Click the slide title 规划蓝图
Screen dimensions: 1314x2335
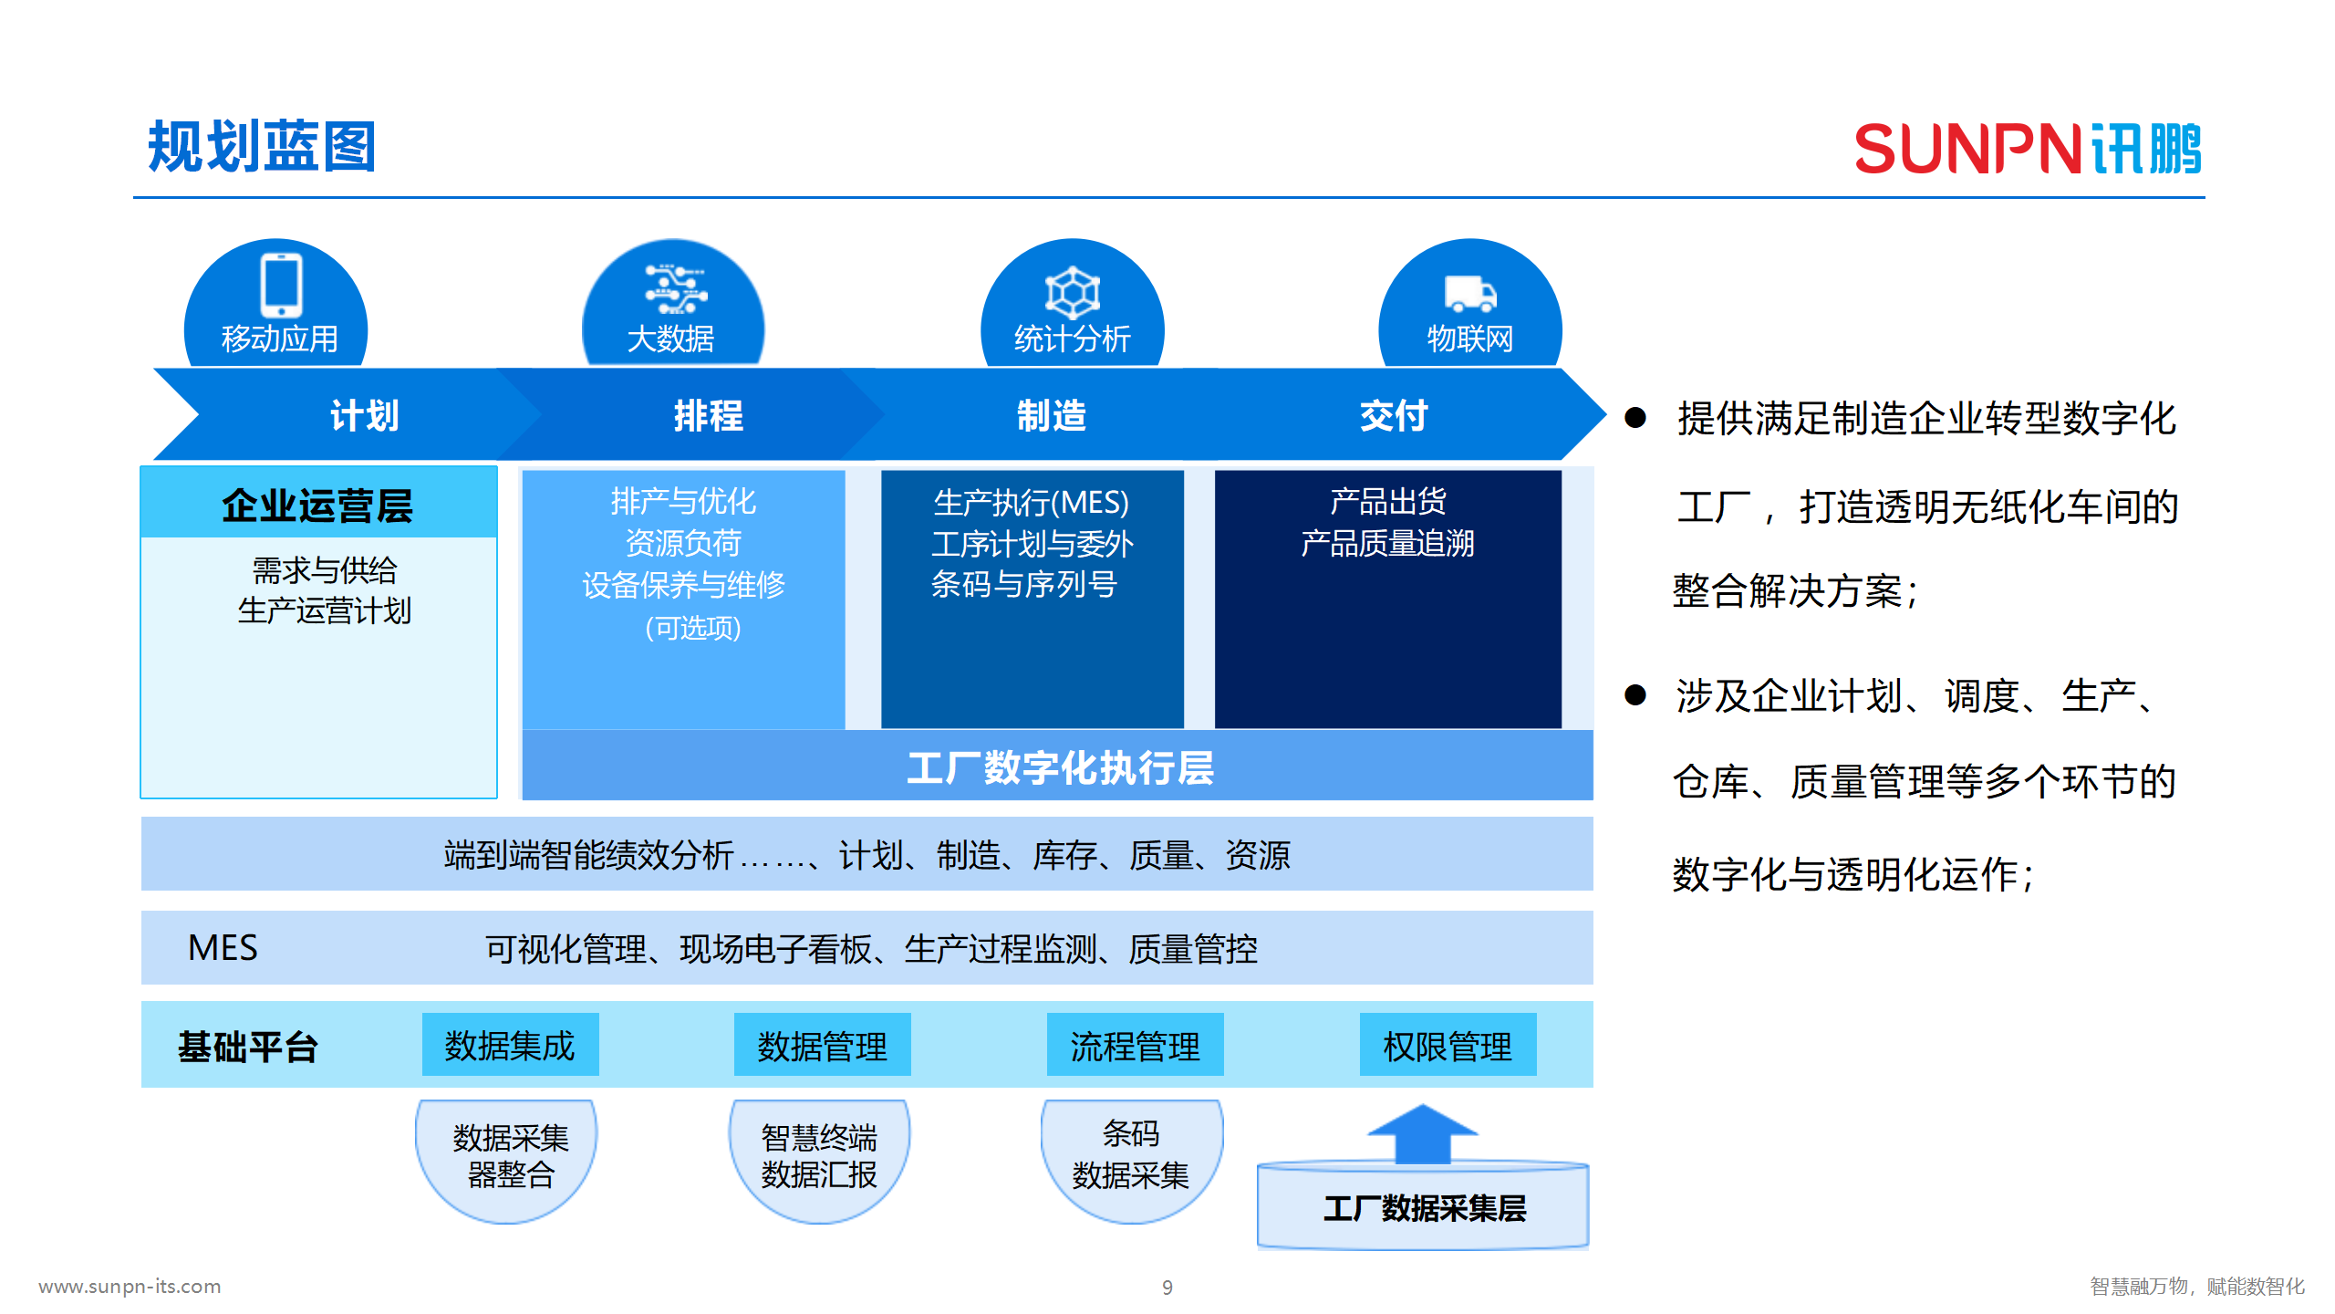(x=262, y=147)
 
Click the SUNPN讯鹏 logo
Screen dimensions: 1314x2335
(x=2027, y=149)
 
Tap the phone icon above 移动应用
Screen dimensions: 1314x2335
(x=281, y=285)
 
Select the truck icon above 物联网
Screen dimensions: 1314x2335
(x=1469, y=294)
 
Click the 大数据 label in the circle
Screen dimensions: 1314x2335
(x=670, y=339)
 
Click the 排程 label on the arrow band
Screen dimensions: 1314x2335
(x=708, y=416)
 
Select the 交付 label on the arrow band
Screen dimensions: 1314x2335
(x=1393, y=416)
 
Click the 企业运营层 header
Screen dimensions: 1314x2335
(x=317, y=505)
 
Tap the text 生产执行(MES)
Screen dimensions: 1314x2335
(x=1031, y=503)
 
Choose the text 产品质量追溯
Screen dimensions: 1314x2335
(x=1386, y=544)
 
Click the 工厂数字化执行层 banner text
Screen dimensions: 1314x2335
(x=1059, y=767)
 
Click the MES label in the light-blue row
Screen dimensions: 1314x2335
(x=223, y=948)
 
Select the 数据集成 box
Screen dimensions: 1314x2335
(x=510, y=1046)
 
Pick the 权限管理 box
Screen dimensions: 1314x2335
(x=1447, y=1046)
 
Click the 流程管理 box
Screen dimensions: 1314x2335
(x=1135, y=1046)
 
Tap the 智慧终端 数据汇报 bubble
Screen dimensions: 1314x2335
(x=818, y=1156)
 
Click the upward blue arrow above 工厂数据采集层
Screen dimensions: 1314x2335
(x=1422, y=1133)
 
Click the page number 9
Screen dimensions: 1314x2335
(x=1167, y=1288)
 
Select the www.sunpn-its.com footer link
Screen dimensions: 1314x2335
(x=130, y=1287)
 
